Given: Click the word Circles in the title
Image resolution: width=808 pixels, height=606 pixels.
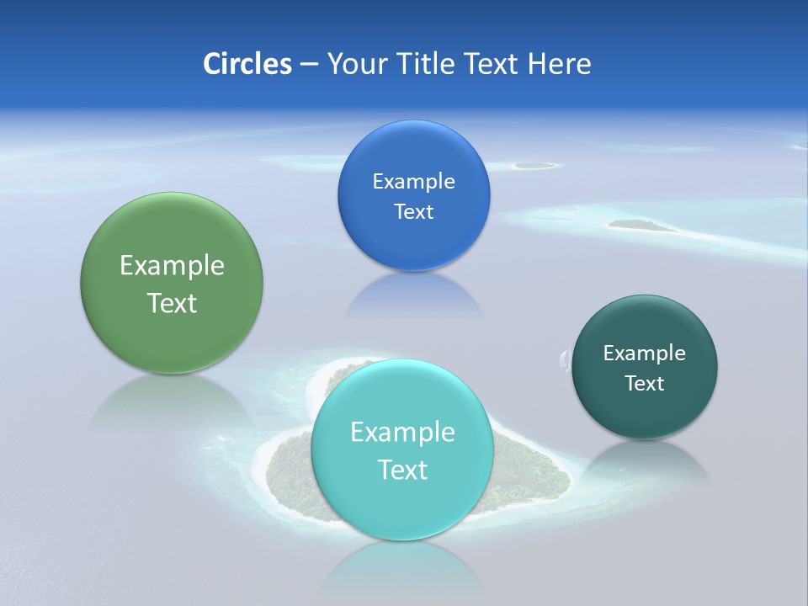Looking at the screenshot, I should pyautogui.click(x=247, y=64).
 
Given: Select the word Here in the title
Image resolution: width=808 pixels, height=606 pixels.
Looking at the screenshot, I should pyautogui.click(x=559, y=64).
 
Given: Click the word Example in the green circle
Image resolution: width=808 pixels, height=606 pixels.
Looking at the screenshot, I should pyautogui.click(x=172, y=266).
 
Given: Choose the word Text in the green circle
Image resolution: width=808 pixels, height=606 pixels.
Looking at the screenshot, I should pyautogui.click(x=172, y=303).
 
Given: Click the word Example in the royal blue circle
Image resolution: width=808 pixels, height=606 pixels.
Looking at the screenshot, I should pyautogui.click(x=413, y=182).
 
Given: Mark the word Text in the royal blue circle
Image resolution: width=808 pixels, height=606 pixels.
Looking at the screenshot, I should pyautogui.click(x=413, y=212).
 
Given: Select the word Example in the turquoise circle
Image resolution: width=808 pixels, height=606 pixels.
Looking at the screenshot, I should pyautogui.click(x=402, y=433).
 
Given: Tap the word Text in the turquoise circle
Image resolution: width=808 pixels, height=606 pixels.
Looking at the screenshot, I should pyautogui.click(x=402, y=470).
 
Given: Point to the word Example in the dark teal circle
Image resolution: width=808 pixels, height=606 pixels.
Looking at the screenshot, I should pyautogui.click(x=645, y=353).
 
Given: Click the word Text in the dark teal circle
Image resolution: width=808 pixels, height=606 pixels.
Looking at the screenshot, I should pyautogui.click(x=645, y=384).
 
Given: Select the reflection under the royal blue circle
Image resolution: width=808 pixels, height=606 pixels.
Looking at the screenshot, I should pyautogui.click(x=413, y=295).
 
